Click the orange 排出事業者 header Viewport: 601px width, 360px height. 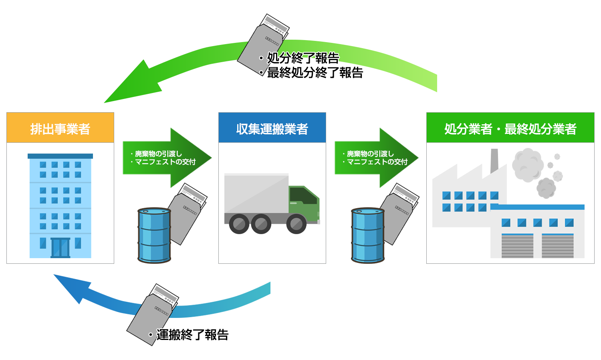[60, 128]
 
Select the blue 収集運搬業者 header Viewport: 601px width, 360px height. [272, 128]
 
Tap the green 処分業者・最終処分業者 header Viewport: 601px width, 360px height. [510, 128]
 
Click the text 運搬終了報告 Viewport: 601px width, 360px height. [192, 335]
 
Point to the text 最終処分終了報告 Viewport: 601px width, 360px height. [315, 73]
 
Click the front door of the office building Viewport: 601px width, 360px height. [61, 247]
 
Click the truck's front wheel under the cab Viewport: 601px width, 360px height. [296, 224]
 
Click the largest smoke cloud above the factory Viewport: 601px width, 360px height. [528, 165]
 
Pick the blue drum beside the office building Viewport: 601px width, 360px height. [154, 235]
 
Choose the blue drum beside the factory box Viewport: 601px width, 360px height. [368, 235]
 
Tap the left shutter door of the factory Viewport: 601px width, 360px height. [517, 245]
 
